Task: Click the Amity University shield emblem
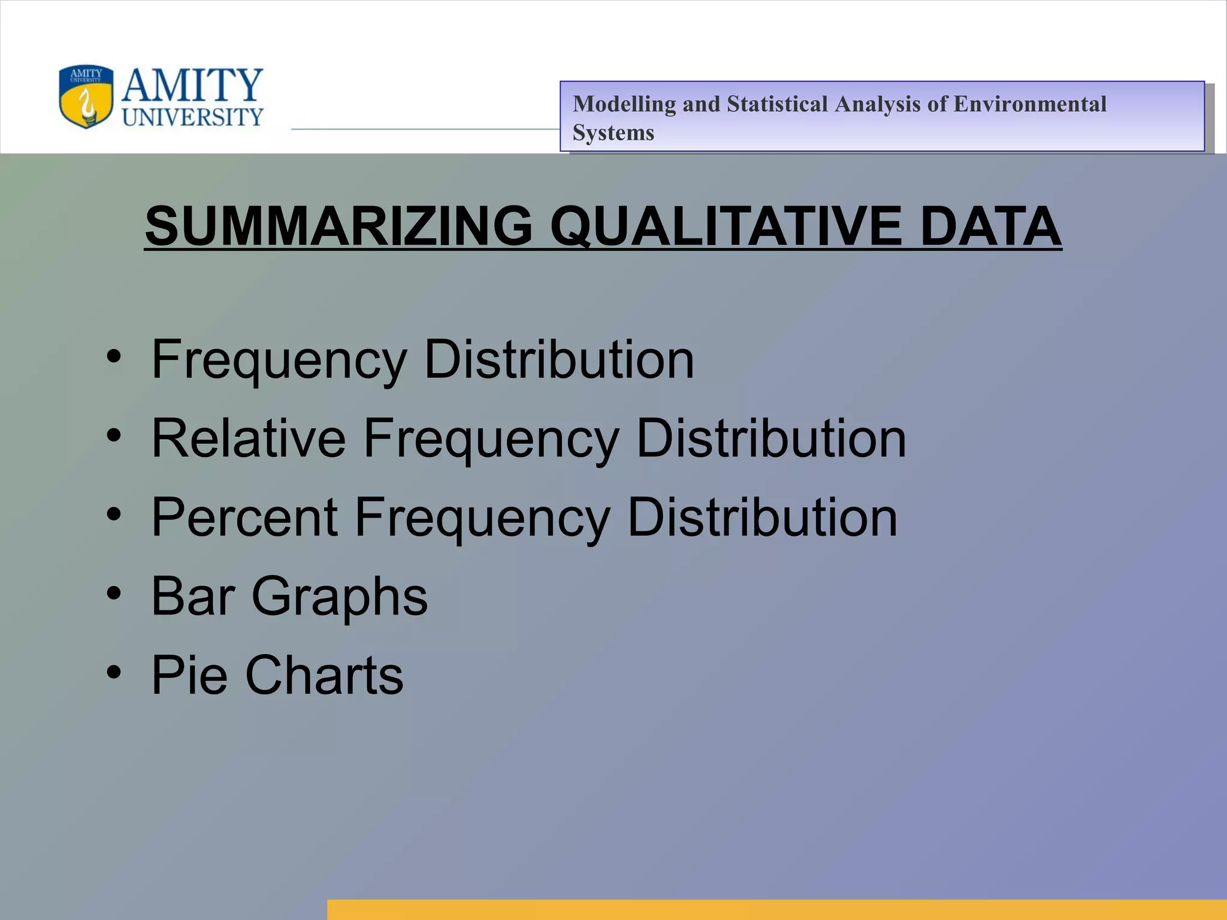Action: [x=86, y=96]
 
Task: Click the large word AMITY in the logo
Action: [x=192, y=85]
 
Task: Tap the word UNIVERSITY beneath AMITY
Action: [x=192, y=117]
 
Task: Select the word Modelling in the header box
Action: [x=624, y=104]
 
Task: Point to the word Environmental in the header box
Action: [x=1029, y=104]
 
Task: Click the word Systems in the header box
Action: [x=613, y=132]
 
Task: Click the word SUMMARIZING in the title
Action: [x=339, y=226]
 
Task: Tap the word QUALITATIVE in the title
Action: [x=726, y=226]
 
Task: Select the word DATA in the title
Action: [x=990, y=226]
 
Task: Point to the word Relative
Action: [x=249, y=438]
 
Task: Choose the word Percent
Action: [x=244, y=517]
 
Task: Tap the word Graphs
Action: [x=340, y=597]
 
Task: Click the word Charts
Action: [x=324, y=675]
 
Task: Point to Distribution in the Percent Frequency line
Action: [x=762, y=517]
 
